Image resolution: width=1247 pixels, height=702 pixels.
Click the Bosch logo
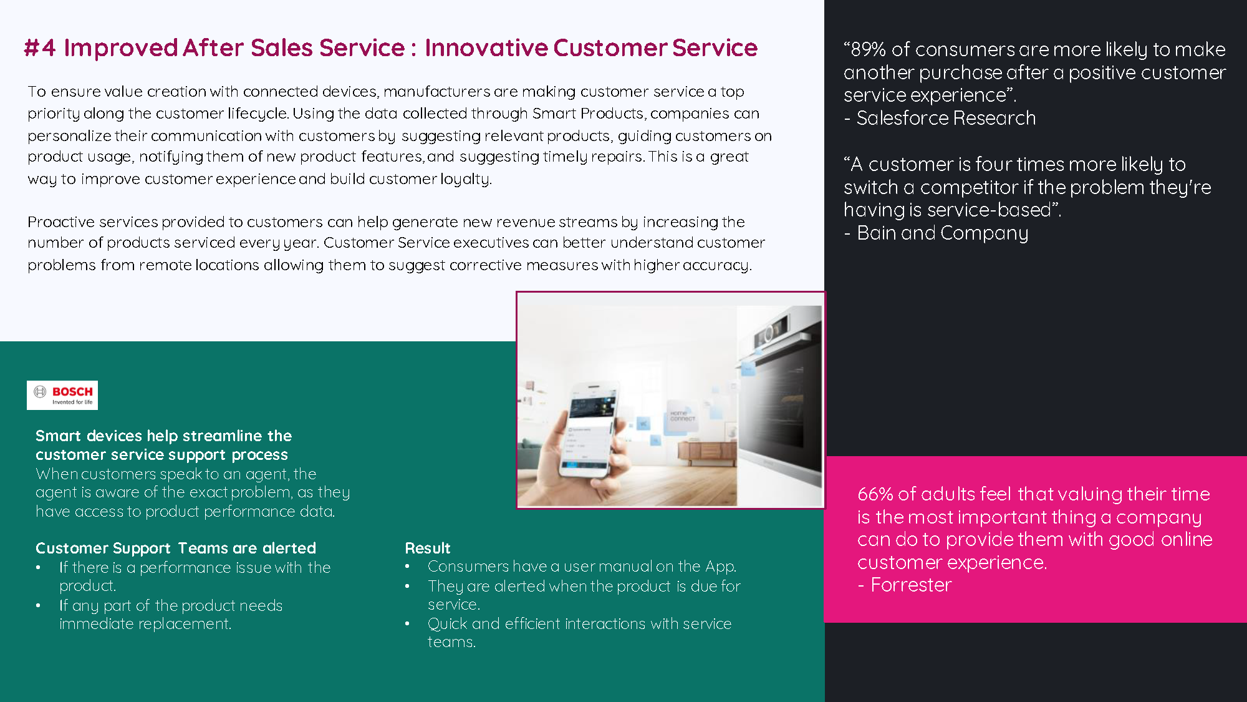pos(62,395)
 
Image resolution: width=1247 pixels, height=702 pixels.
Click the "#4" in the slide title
pos(40,48)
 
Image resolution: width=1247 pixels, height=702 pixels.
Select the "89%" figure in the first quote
pos(868,49)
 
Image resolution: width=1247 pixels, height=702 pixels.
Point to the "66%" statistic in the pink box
pos(875,494)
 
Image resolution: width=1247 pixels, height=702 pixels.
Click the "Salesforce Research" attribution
pos(946,118)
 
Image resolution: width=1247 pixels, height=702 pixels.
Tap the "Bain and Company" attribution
pos(942,233)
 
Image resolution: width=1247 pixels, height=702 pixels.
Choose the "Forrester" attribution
pos(911,585)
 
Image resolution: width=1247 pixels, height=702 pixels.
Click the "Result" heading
pos(428,548)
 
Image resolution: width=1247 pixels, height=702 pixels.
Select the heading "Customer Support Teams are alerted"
pos(176,548)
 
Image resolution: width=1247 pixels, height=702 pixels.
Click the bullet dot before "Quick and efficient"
pos(407,623)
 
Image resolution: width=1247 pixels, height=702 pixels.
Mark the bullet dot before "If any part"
pos(39,605)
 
